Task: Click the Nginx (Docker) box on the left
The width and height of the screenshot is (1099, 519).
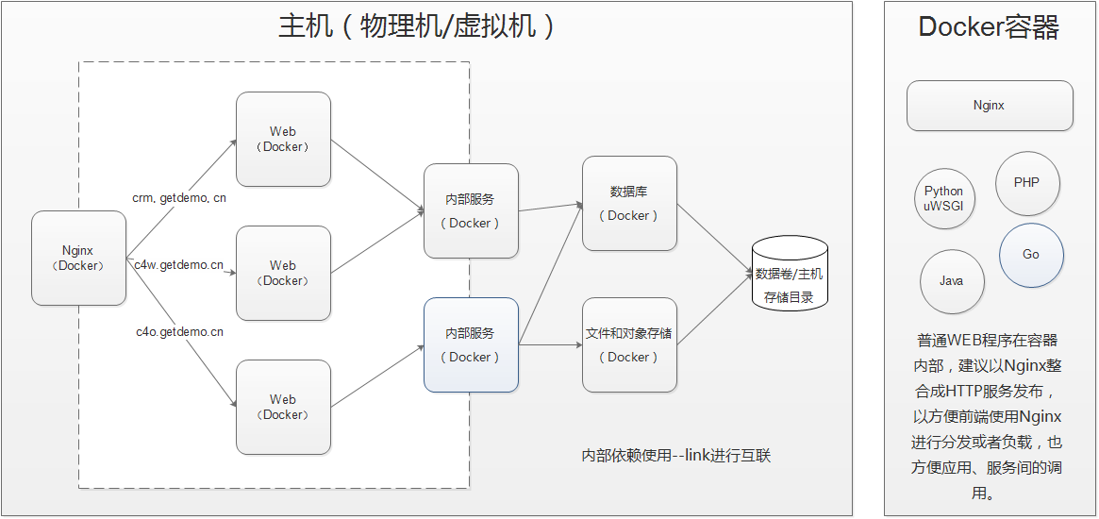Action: pyautogui.click(x=78, y=258)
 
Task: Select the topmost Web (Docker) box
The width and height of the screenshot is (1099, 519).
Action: pyautogui.click(x=283, y=139)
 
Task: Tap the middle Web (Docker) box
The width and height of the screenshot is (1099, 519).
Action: pyautogui.click(x=283, y=273)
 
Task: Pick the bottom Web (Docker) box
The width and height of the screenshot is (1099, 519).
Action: pyautogui.click(x=283, y=407)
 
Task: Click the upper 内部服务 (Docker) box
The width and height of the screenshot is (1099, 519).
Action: pyautogui.click(x=470, y=210)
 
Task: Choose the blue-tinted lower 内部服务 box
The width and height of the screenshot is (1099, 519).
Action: pyautogui.click(x=470, y=344)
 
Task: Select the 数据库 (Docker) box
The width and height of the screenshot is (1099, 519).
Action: pyautogui.click(x=629, y=203)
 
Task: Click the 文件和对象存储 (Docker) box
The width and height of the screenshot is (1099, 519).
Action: pyautogui.click(x=629, y=344)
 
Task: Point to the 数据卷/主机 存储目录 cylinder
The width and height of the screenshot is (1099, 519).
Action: pyautogui.click(x=790, y=275)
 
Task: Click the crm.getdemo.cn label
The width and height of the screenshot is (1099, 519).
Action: pyautogui.click(x=179, y=198)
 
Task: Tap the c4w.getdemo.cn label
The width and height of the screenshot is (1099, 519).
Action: pyautogui.click(x=179, y=265)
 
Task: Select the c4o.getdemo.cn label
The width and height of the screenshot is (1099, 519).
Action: pyautogui.click(x=179, y=332)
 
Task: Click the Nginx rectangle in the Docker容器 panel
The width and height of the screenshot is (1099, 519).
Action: pyautogui.click(x=989, y=106)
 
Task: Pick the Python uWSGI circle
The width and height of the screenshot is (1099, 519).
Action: pyautogui.click(x=943, y=198)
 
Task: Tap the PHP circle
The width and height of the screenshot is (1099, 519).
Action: pyautogui.click(x=1026, y=182)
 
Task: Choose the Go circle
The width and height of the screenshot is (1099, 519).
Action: pyautogui.click(x=1031, y=255)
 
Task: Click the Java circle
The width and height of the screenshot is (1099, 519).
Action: pyautogui.click(x=951, y=281)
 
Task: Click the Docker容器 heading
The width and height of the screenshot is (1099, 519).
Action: pyautogui.click(x=989, y=28)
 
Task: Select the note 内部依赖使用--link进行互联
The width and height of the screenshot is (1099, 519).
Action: pyautogui.click(x=676, y=456)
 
